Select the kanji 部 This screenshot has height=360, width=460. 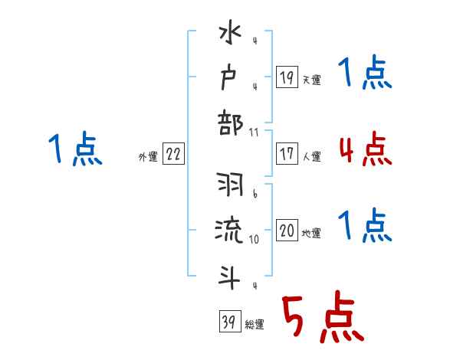(x=231, y=123)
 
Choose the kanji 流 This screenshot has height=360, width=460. (x=231, y=231)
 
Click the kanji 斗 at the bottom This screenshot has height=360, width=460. (x=231, y=274)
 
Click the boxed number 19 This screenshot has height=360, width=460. (x=286, y=77)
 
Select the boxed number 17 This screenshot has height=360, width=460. (x=286, y=153)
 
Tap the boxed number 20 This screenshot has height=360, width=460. (x=287, y=231)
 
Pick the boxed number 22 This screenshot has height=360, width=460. (x=173, y=154)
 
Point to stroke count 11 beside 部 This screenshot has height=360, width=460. (x=254, y=133)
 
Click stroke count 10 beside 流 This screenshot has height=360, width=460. (x=254, y=240)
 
